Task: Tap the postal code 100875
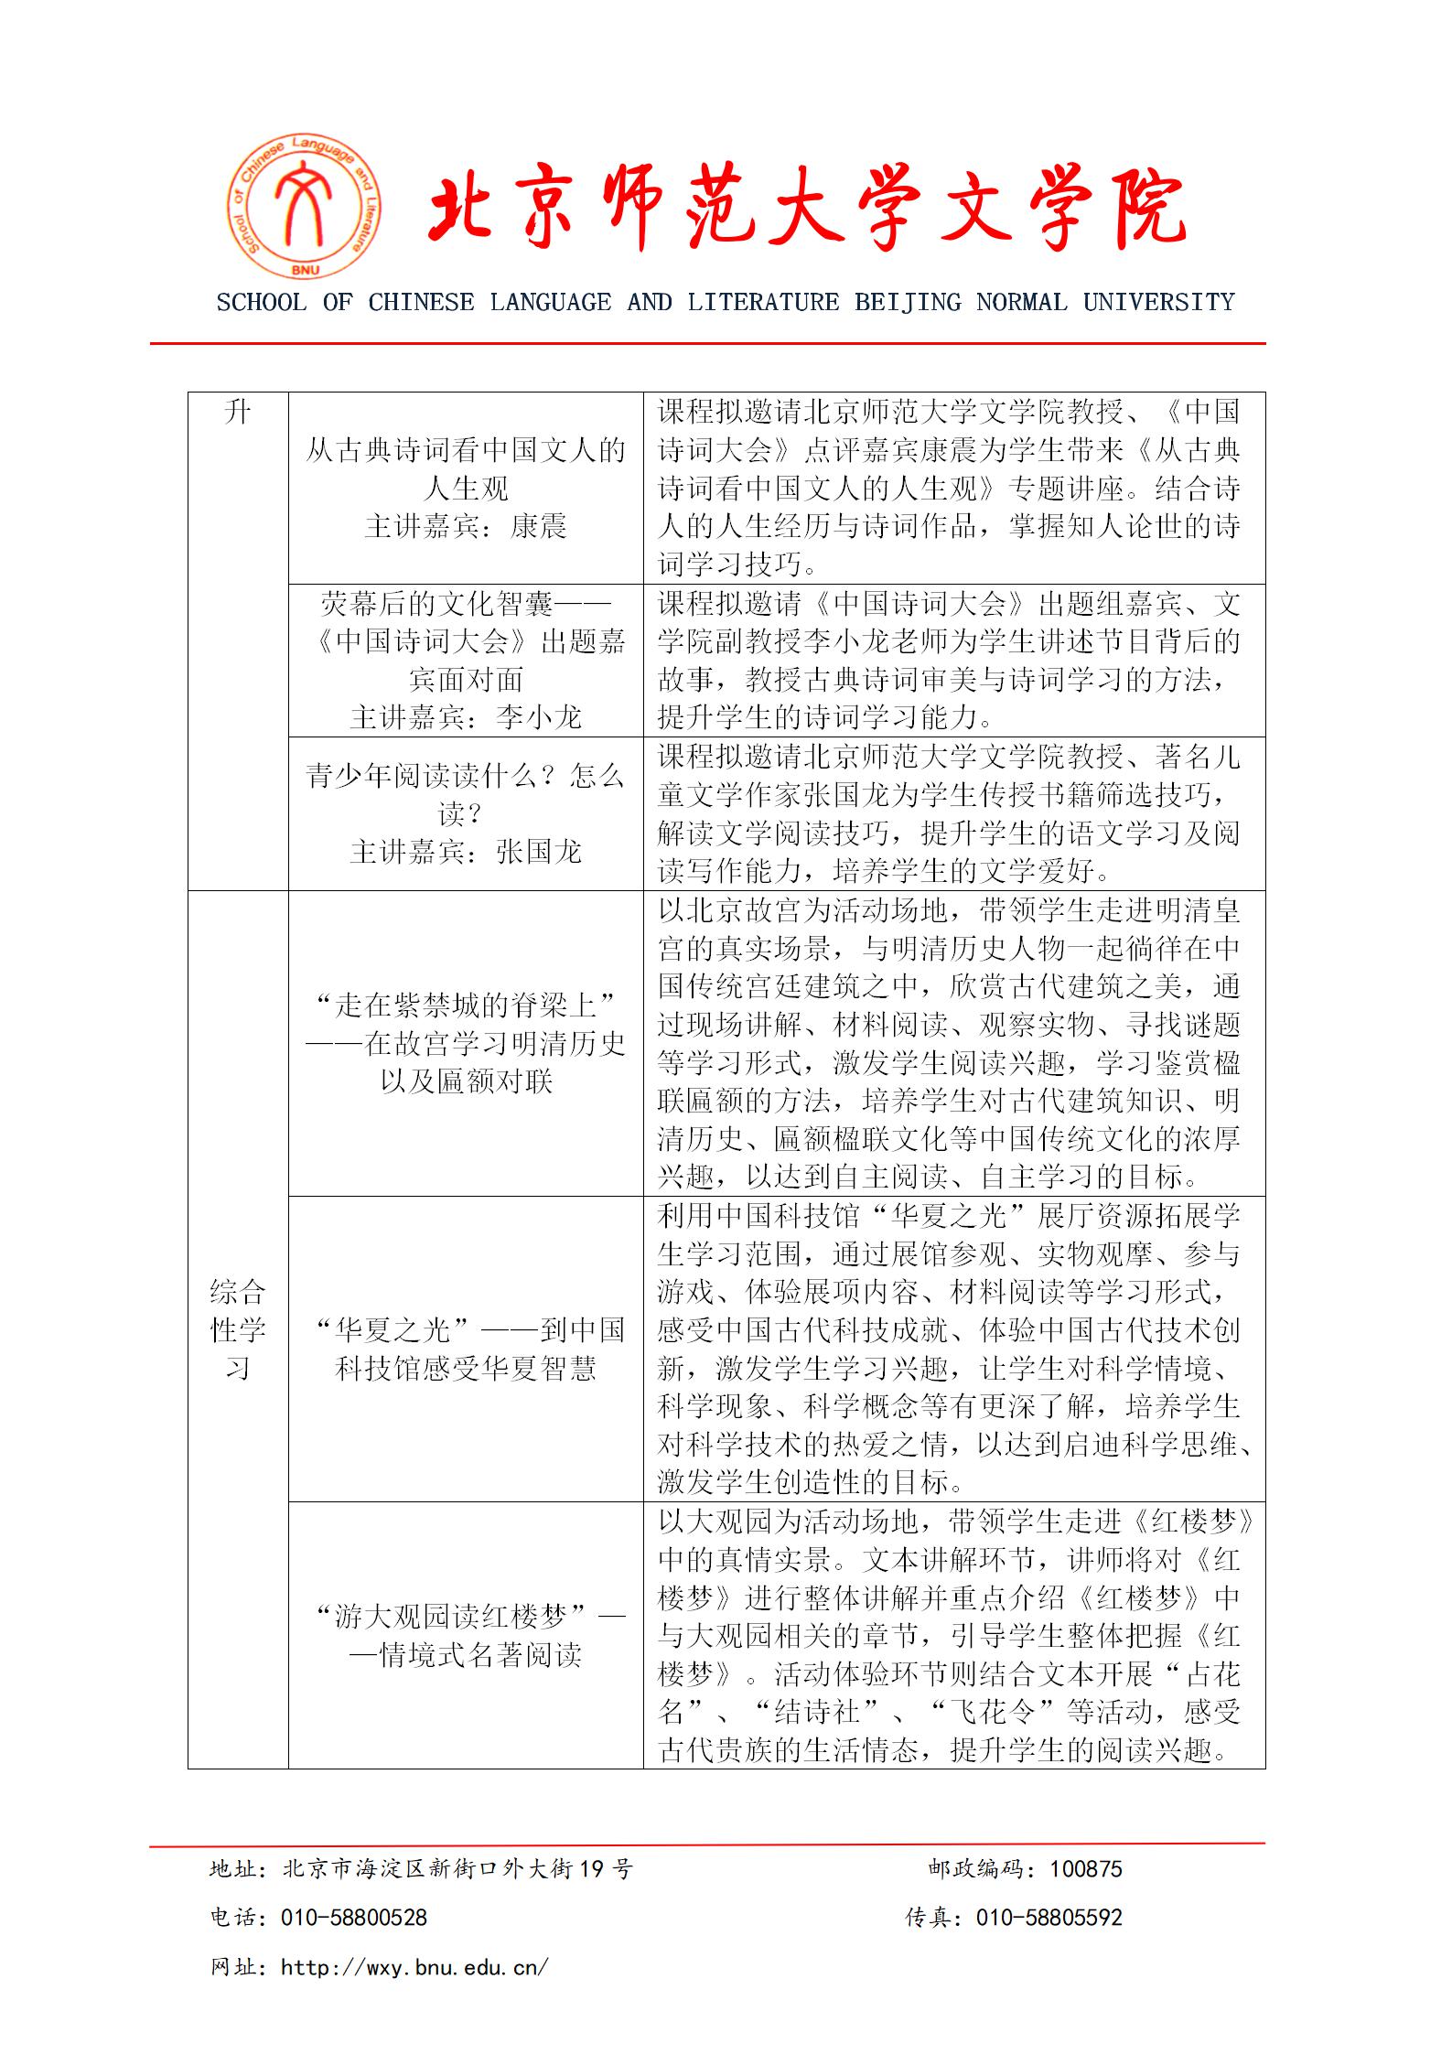pos(1085,1869)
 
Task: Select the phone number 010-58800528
pos(354,1918)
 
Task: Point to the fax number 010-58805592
pos(1049,1918)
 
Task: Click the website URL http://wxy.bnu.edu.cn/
pos(414,1966)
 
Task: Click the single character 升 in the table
pos(238,414)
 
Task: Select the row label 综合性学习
pos(238,1330)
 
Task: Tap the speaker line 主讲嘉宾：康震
pos(466,527)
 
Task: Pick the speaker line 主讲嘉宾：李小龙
pos(466,717)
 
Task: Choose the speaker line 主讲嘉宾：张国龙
pos(466,853)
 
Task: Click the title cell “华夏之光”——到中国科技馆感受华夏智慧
pos(466,1350)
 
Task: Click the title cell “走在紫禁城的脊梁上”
pos(466,1006)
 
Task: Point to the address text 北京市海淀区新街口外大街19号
pos(457,1869)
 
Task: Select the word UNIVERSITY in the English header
pos(1158,302)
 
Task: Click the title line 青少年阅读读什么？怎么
pos(466,777)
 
